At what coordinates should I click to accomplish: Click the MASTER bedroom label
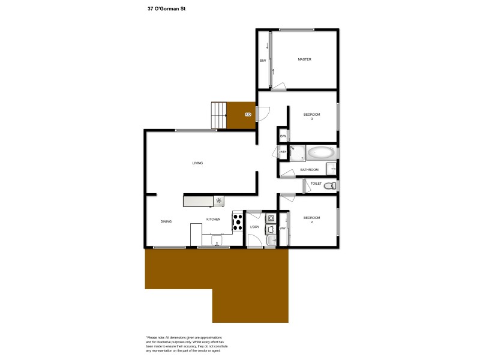click(304, 59)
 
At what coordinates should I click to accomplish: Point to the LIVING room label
click(197, 163)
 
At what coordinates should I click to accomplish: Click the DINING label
click(166, 221)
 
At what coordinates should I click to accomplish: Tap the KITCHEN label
click(213, 220)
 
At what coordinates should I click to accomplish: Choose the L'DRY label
click(254, 227)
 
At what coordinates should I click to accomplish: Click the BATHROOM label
click(309, 170)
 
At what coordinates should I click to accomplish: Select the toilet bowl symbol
click(329, 187)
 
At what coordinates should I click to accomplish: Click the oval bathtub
click(322, 152)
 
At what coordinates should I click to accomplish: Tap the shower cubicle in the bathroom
click(298, 152)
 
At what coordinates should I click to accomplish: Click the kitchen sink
click(217, 241)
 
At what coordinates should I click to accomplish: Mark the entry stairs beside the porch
click(219, 115)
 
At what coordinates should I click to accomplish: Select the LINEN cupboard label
click(283, 152)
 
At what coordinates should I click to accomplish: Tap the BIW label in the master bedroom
click(263, 60)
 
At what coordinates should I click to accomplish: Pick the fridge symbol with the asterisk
click(219, 201)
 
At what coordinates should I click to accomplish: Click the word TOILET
click(316, 184)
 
